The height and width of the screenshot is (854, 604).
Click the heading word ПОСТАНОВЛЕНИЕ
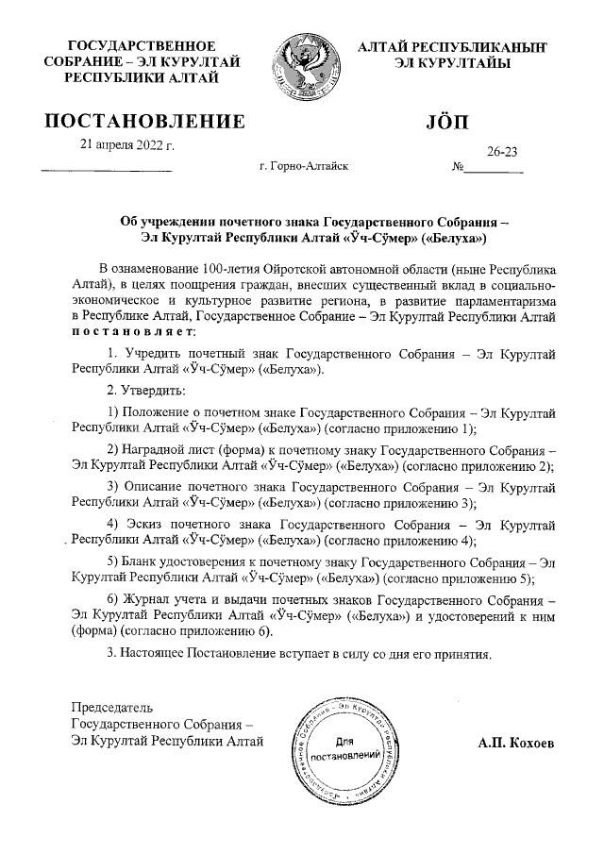(x=145, y=121)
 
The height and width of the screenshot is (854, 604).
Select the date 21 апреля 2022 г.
(x=128, y=145)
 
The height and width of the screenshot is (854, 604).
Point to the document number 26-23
(x=502, y=151)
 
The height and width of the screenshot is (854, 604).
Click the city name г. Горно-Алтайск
(x=303, y=166)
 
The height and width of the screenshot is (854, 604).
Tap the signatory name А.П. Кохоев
(x=516, y=743)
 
